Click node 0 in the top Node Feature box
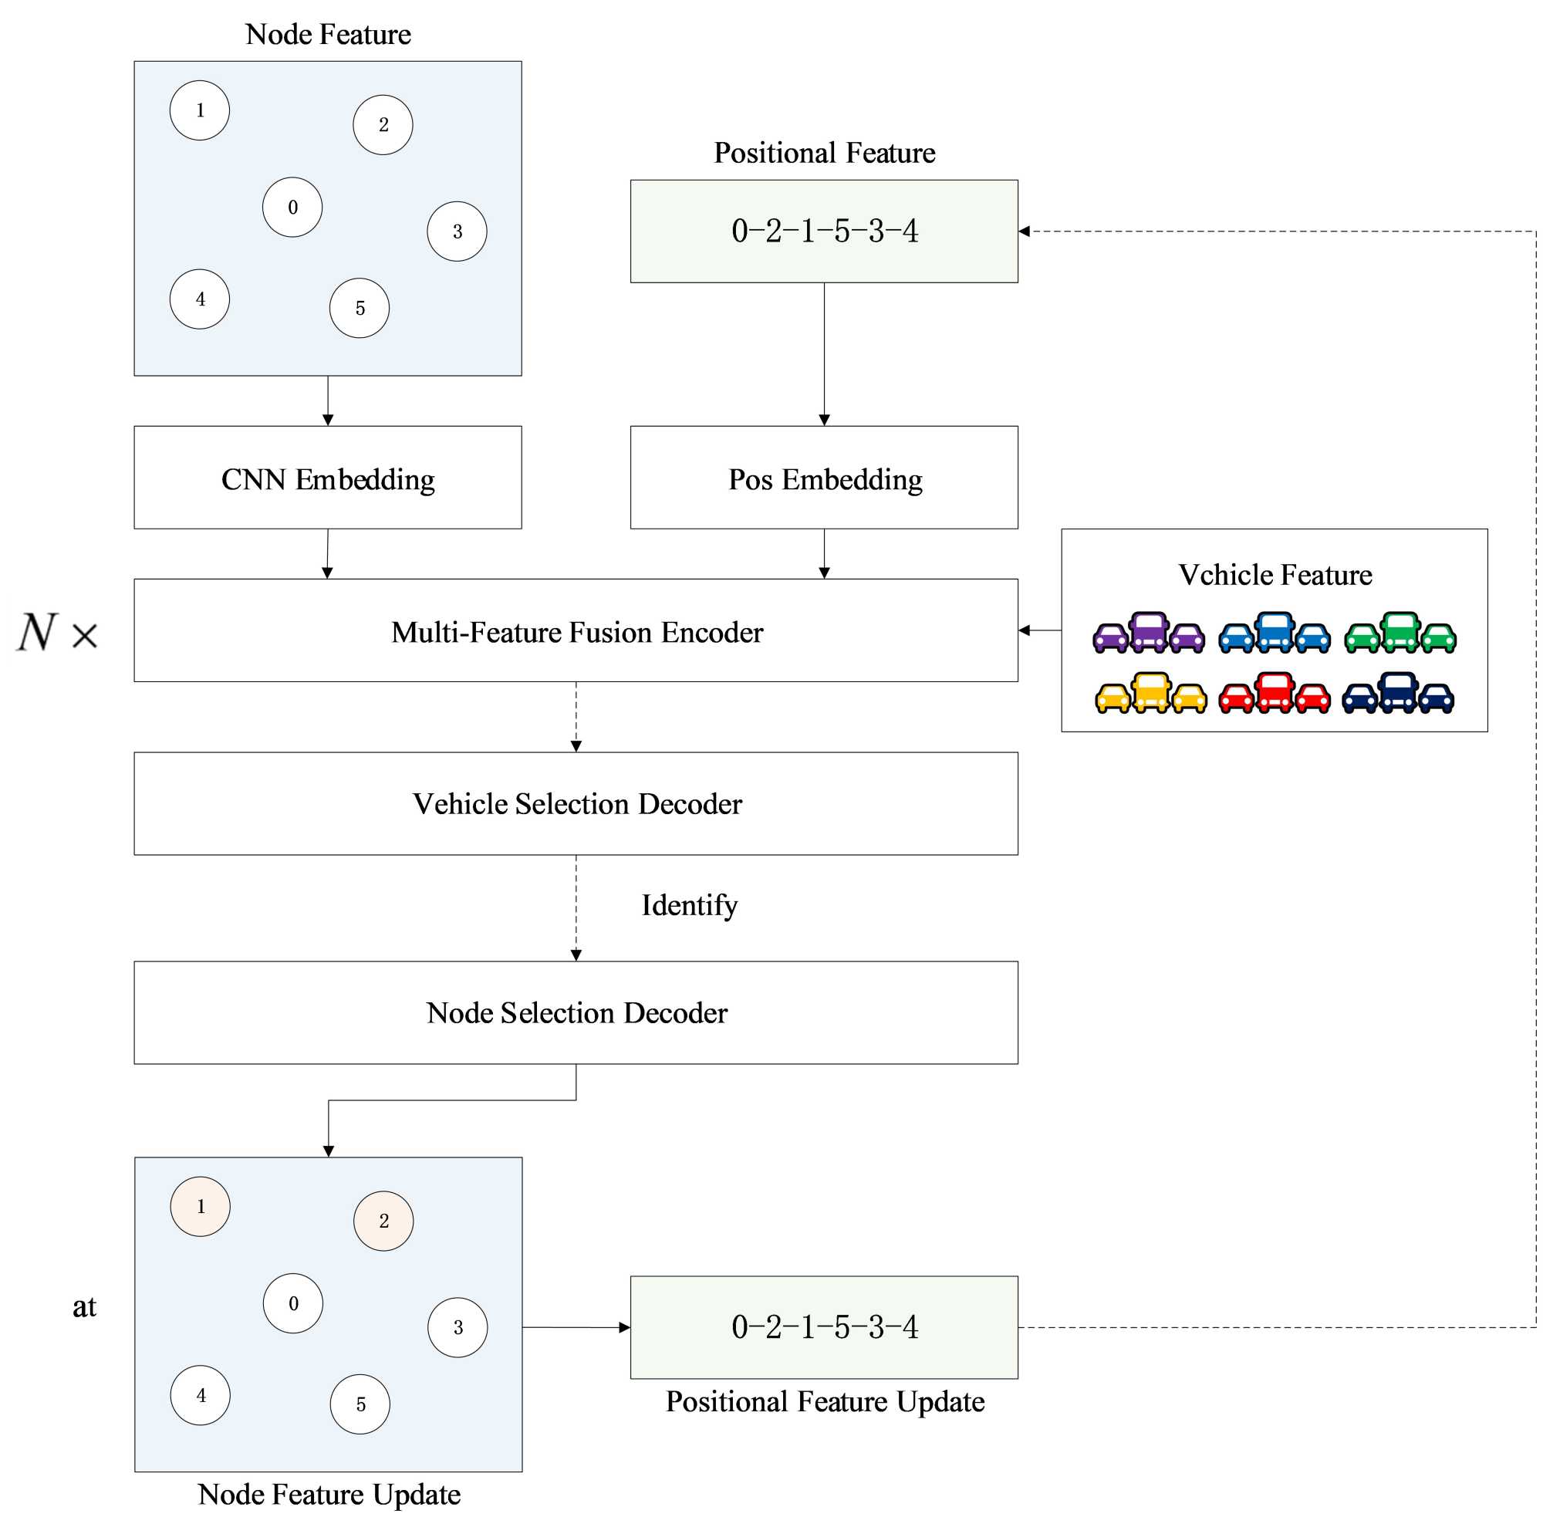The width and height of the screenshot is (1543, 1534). pyautogui.click(x=292, y=207)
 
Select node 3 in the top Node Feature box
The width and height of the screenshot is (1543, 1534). pyautogui.click(x=457, y=231)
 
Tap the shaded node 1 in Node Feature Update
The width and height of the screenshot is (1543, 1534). pyautogui.click(x=200, y=1205)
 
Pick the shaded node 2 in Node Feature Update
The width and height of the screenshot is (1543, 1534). pyautogui.click(x=383, y=1220)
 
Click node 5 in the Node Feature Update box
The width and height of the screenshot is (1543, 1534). pyautogui.click(x=360, y=1404)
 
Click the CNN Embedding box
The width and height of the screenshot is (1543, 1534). pyautogui.click(x=327, y=478)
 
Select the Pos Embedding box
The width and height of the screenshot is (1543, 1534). pyautogui.click(x=824, y=478)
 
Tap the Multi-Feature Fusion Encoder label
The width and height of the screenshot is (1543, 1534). pyautogui.click(x=576, y=632)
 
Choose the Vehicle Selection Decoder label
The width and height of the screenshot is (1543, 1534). pyautogui.click(x=576, y=804)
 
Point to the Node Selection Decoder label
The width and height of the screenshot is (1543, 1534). pyautogui.click(x=576, y=1012)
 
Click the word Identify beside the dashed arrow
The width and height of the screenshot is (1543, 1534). pyautogui.click(x=689, y=905)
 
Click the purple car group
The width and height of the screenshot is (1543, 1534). pyautogui.click(x=1149, y=634)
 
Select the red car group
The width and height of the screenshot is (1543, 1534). pyautogui.click(x=1274, y=693)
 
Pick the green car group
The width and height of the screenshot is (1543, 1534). pyautogui.click(x=1400, y=634)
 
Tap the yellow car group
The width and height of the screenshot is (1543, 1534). pyautogui.click(x=1150, y=693)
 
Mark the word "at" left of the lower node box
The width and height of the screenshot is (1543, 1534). pyautogui.click(x=84, y=1307)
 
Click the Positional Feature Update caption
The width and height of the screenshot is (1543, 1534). pyautogui.click(x=825, y=1401)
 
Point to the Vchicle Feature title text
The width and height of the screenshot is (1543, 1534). pyautogui.click(x=1275, y=574)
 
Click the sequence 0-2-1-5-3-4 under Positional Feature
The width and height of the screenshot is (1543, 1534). pyautogui.click(x=824, y=231)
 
